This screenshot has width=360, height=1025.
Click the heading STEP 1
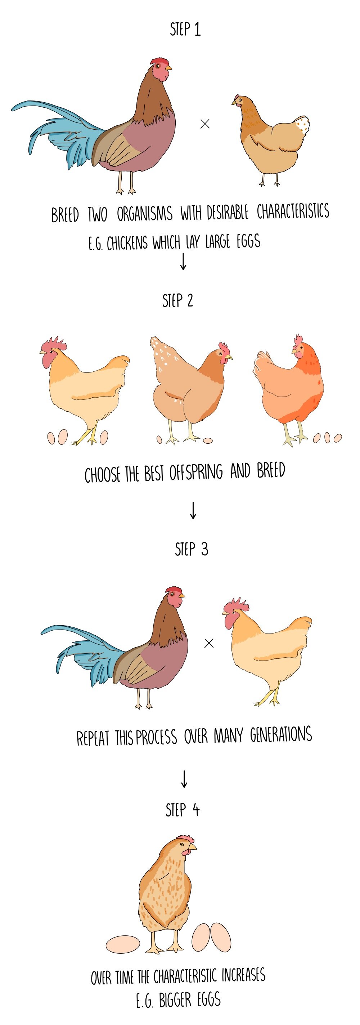185,30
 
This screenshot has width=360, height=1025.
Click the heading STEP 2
177,301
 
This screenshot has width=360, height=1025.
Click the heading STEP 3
191,550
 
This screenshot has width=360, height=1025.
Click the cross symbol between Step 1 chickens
205,124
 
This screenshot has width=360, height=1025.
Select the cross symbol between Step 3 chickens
208,643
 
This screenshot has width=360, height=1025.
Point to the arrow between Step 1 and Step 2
183,261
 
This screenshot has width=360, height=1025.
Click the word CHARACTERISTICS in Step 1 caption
293,211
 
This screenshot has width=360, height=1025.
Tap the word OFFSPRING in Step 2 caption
196,472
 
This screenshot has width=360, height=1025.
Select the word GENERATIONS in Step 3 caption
280,735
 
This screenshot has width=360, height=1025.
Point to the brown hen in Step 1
270,139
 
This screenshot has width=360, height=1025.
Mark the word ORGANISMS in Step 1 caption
144,214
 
